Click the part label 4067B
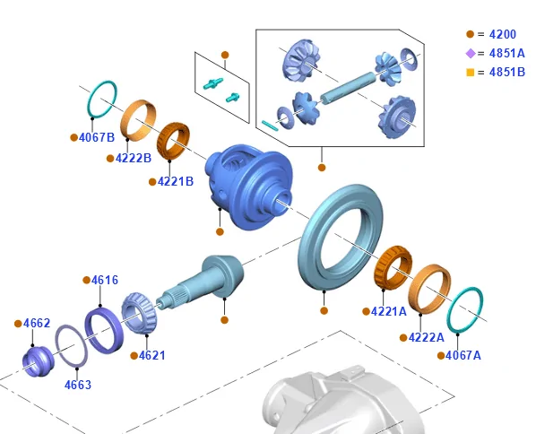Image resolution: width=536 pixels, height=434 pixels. tap(97, 137)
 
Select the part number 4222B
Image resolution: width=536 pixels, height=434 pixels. tap(134, 159)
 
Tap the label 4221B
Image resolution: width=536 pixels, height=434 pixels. tap(176, 182)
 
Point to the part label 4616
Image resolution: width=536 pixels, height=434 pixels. tap(105, 280)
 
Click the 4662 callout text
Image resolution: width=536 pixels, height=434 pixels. tap(37, 323)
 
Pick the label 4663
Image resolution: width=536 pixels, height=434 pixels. tap(78, 385)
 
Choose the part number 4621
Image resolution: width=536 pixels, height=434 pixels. tap(152, 356)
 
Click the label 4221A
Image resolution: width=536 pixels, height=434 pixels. tap(389, 311)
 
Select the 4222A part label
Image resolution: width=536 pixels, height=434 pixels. tap(427, 338)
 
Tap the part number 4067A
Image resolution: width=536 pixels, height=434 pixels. tap(463, 356)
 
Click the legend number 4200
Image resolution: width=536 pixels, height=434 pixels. tap(503, 34)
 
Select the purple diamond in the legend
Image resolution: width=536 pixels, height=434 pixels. tap(471, 53)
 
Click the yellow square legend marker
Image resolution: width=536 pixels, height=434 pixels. tap(471, 73)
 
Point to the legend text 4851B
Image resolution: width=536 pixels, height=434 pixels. tap(507, 72)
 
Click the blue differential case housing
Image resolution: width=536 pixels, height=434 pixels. tap(249, 187)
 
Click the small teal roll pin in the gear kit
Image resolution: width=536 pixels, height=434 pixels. tap(270, 126)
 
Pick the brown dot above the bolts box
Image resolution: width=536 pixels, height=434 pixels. tap(225, 55)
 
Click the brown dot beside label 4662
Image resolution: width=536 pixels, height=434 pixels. tap(18, 324)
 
